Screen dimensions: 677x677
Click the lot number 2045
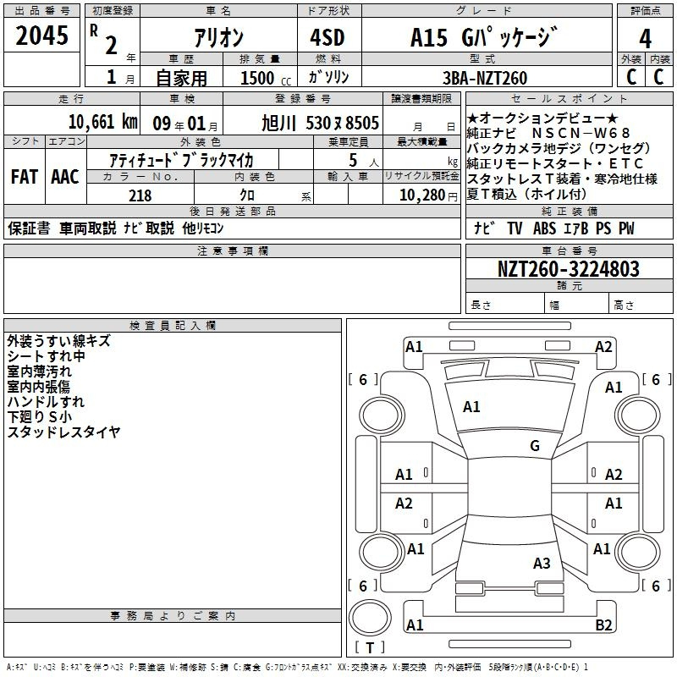(41, 36)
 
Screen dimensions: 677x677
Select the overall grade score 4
(645, 39)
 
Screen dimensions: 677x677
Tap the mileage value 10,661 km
(103, 122)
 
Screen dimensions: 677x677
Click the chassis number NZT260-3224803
(569, 269)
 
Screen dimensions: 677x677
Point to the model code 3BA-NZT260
(485, 78)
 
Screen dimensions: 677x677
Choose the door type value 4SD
(327, 37)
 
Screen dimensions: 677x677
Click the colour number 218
(140, 195)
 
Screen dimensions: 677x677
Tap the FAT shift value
(25, 177)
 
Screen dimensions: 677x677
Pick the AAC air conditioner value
(65, 177)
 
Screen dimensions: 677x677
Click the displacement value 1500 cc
(266, 78)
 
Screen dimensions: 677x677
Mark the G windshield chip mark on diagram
(535, 446)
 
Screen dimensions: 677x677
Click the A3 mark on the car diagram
(542, 564)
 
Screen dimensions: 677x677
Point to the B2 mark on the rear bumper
(603, 625)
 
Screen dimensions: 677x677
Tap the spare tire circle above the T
(370, 618)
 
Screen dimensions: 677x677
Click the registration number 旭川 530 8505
(320, 124)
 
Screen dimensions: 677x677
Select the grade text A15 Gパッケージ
(484, 37)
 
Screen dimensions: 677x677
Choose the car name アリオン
(218, 38)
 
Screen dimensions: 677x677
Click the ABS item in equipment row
(544, 228)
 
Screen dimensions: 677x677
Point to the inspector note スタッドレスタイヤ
(64, 432)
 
